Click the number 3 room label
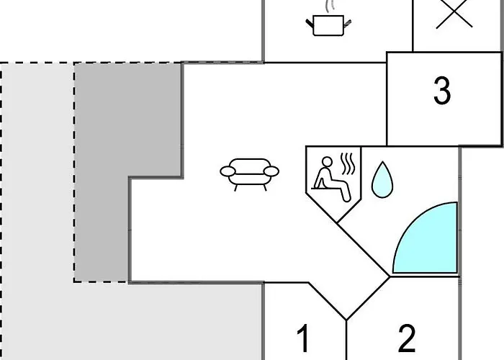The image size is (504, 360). tap(442, 91)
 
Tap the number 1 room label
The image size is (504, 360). tap(303, 338)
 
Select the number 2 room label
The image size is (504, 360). tap(407, 338)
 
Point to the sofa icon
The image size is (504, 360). tap(249, 174)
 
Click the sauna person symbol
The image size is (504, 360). tap(333, 179)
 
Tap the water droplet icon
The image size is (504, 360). tap(382, 181)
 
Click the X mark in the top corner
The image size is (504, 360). tap(454, 14)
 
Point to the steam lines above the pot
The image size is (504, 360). tap(330, 6)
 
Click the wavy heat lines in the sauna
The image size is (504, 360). tap(348, 163)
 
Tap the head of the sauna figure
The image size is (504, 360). tap(327, 162)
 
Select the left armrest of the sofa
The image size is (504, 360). tap(228, 171)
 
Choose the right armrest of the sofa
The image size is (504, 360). tap(271, 171)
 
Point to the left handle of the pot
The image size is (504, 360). tap(310, 24)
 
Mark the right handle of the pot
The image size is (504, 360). tap(348, 24)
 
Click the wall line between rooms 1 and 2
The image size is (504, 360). tap(346, 340)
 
